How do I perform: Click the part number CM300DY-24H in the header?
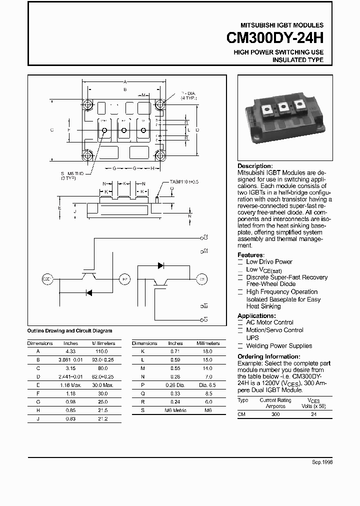tap(275, 38)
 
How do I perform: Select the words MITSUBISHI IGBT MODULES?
tap(282, 25)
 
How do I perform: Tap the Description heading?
tap(255, 166)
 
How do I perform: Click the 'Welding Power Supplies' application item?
tap(278, 345)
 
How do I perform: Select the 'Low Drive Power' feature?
tap(269, 261)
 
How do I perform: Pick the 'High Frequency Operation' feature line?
tap(281, 291)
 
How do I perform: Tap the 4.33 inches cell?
tap(70, 351)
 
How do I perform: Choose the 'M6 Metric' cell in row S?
tap(175, 410)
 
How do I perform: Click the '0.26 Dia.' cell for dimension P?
tap(175, 385)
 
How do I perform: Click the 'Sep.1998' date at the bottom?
tap(322, 462)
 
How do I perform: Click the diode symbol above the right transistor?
tap(161, 265)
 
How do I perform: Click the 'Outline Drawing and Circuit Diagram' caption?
tap(69, 330)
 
